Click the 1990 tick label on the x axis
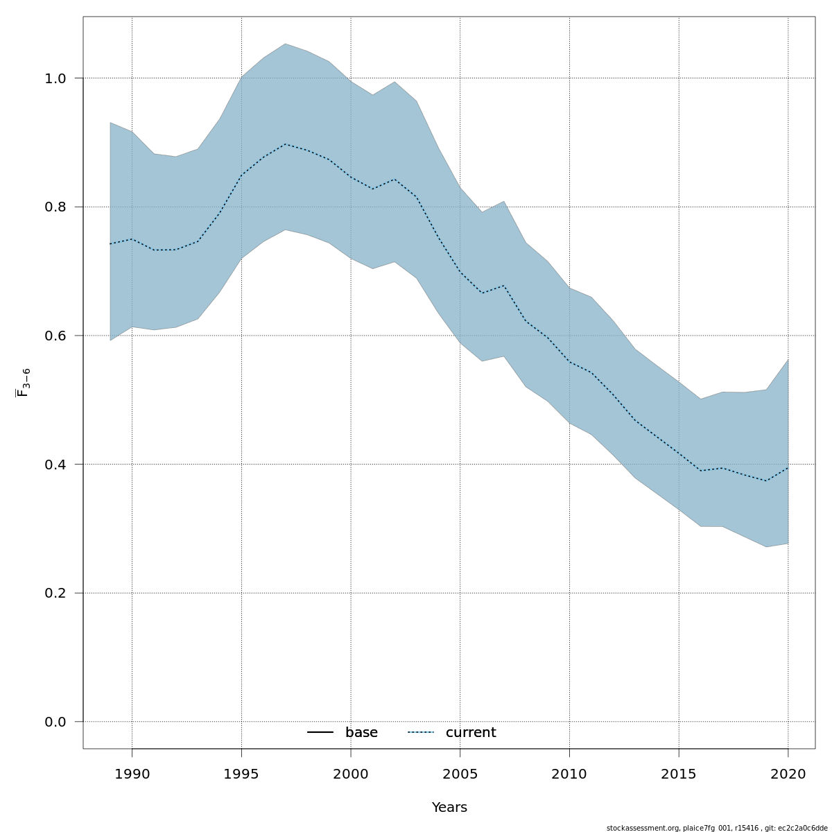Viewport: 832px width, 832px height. point(132,774)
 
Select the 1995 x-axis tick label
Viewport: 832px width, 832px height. point(241,774)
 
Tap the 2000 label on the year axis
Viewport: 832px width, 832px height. point(351,774)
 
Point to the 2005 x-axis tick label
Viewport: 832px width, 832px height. point(460,774)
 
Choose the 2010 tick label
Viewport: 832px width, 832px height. point(569,774)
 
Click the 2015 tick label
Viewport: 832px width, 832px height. point(679,774)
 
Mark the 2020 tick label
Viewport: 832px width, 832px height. point(788,774)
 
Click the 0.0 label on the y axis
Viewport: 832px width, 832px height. point(55,722)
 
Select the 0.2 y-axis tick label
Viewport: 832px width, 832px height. point(55,593)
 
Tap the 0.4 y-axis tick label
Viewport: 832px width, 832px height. point(55,464)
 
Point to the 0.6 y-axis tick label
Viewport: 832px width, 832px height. point(55,336)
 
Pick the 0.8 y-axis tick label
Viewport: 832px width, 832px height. point(55,207)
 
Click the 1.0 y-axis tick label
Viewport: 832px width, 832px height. point(55,78)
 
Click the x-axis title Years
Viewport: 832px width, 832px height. point(449,808)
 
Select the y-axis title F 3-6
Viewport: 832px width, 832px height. point(24,383)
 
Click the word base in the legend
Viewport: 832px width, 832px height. point(361,733)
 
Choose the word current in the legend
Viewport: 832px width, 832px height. point(471,733)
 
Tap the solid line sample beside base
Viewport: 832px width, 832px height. point(320,733)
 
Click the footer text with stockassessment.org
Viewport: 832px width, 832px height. point(717,828)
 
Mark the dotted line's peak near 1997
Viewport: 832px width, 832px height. point(285,144)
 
